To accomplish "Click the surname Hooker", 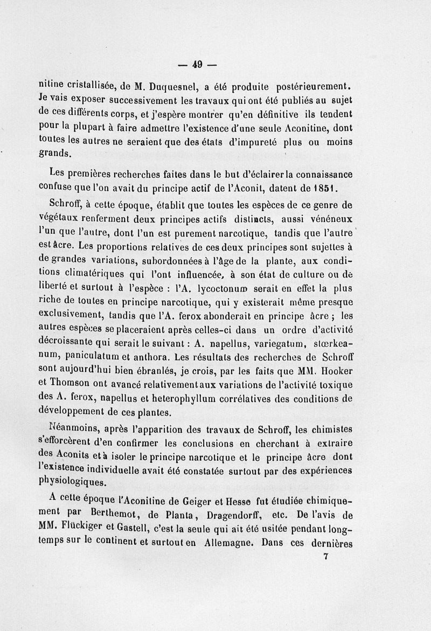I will coord(336,371).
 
